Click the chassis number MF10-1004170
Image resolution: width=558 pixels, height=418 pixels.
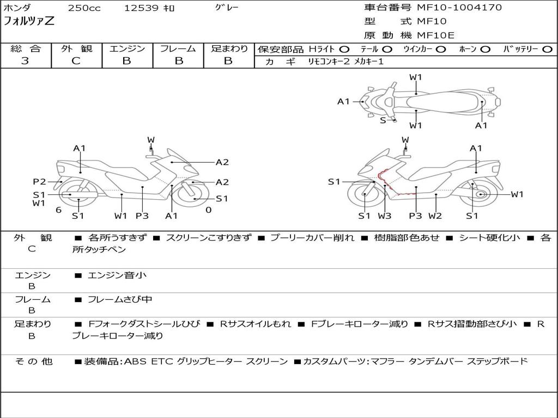[459, 8]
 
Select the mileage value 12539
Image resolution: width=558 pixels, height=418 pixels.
[142, 8]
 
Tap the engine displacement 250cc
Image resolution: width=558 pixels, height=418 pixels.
[84, 8]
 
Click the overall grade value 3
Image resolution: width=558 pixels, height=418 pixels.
[25, 61]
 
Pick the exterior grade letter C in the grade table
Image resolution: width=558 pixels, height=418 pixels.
[76, 61]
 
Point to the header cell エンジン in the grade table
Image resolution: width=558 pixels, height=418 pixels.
[127, 49]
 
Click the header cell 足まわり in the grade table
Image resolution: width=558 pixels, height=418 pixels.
[229, 49]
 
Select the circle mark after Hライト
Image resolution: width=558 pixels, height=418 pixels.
[344, 50]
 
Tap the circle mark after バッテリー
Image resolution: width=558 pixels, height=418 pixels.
[547, 50]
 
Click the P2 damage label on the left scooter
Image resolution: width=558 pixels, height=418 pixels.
[39, 182]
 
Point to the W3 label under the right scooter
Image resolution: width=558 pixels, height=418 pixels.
[385, 216]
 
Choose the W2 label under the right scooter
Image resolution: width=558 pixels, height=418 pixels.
[435, 216]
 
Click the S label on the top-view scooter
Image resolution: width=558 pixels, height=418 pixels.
[383, 120]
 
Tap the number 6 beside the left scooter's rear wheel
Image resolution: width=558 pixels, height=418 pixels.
[58, 210]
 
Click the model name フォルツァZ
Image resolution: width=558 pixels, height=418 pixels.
[29, 22]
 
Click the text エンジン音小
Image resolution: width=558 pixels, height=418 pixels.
[117, 275]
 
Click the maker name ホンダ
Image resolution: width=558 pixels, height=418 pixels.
[17, 8]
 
